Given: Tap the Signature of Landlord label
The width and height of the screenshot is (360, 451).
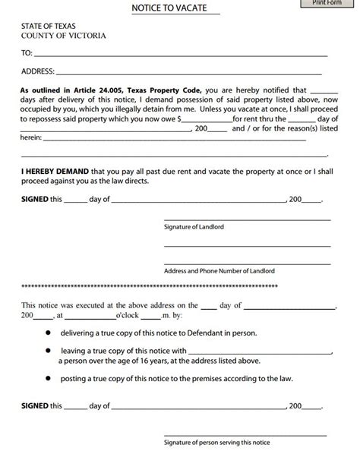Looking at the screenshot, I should click(x=194, y=227).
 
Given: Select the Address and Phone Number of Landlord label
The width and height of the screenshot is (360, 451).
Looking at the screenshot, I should click(x=219, y=271).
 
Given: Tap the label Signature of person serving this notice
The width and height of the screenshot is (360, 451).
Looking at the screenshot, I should click(x=217, y=443).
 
